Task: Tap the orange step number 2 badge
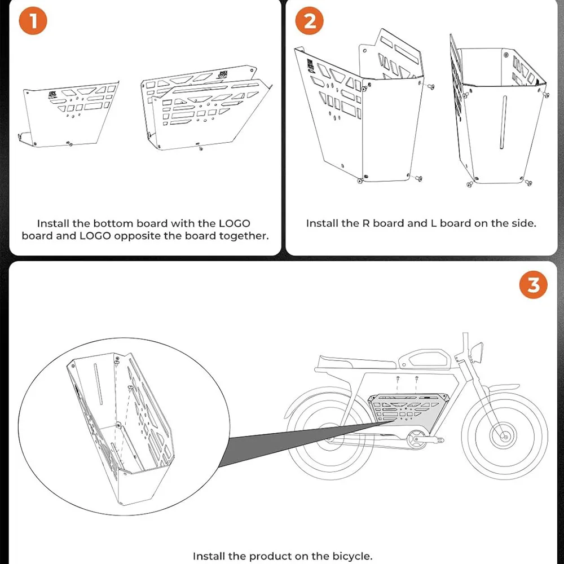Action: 310,21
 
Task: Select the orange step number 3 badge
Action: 532,285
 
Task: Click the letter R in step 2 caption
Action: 363,223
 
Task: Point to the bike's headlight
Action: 477,352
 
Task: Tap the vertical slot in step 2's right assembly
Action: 504,122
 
